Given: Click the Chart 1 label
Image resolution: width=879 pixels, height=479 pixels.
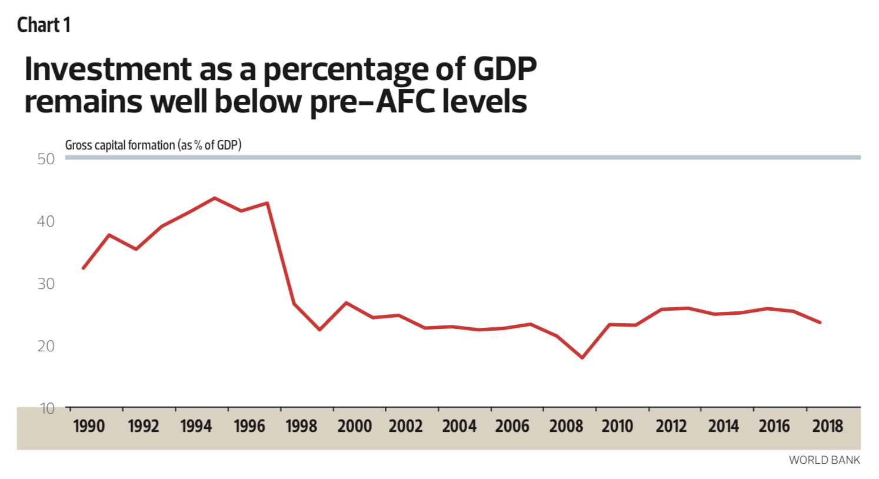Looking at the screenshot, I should [44, 25].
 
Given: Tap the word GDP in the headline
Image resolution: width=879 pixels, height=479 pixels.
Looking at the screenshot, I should [505, 69].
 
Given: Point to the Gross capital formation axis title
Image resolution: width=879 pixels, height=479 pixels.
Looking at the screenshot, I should [153, 145].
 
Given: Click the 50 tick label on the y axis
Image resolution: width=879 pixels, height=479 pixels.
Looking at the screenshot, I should [46, 159].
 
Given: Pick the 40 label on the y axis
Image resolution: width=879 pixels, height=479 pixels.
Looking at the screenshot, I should [46, 221].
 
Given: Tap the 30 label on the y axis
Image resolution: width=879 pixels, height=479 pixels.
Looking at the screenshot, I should [46, 284].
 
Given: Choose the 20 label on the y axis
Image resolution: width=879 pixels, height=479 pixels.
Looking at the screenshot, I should [46, 346].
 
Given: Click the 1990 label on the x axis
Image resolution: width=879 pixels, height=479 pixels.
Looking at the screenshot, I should [89, 426].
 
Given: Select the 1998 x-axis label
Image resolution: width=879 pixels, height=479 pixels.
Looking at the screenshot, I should [301, 426].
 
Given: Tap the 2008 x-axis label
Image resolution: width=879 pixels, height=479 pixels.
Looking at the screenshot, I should [565, 426].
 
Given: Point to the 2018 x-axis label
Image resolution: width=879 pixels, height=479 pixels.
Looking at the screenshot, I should [827, 426].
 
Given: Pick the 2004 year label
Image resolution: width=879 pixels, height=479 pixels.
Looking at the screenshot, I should [459, 426].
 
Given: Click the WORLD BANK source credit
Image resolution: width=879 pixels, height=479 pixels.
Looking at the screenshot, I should [824, 460].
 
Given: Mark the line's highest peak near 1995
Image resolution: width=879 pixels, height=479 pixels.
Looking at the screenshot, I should [215, 198].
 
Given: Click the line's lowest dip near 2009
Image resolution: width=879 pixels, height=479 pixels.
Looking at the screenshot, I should [582, 358].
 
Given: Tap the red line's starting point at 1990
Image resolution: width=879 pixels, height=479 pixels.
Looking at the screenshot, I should [83, 268].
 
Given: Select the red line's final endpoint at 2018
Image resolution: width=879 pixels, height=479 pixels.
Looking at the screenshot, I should [820, 322].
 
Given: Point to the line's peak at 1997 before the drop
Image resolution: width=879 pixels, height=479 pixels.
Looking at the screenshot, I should [268, 203].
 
